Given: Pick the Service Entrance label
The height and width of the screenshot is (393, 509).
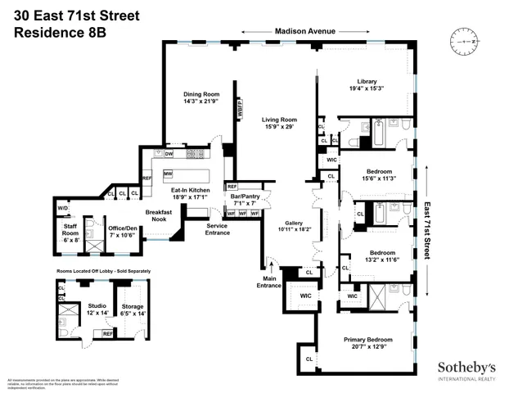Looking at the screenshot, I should [217, 228].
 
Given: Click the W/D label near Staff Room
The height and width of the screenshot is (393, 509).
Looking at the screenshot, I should [63, 208].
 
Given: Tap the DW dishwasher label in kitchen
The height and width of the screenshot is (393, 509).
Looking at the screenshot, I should [169, 153].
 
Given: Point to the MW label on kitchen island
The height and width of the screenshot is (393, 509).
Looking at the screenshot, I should [167, 174].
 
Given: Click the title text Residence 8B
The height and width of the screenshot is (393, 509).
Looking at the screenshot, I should [59, 34].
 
